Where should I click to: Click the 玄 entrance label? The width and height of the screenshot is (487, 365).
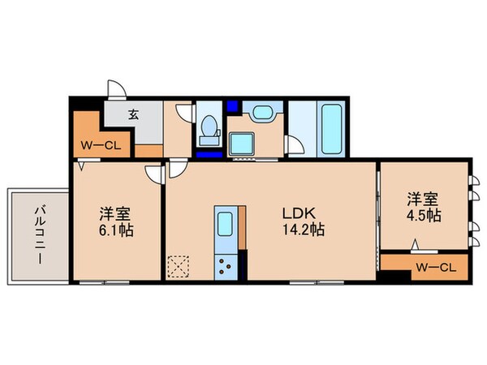click(132, 115)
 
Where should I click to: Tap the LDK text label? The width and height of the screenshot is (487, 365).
click(295, 214)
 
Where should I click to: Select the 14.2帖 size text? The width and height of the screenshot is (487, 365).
click(304, 230)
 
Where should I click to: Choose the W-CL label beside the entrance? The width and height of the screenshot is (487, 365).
click(97, 146)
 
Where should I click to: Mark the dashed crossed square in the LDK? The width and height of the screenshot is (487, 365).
click(178, 266)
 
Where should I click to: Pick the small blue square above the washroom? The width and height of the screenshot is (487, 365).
click(234, 105)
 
